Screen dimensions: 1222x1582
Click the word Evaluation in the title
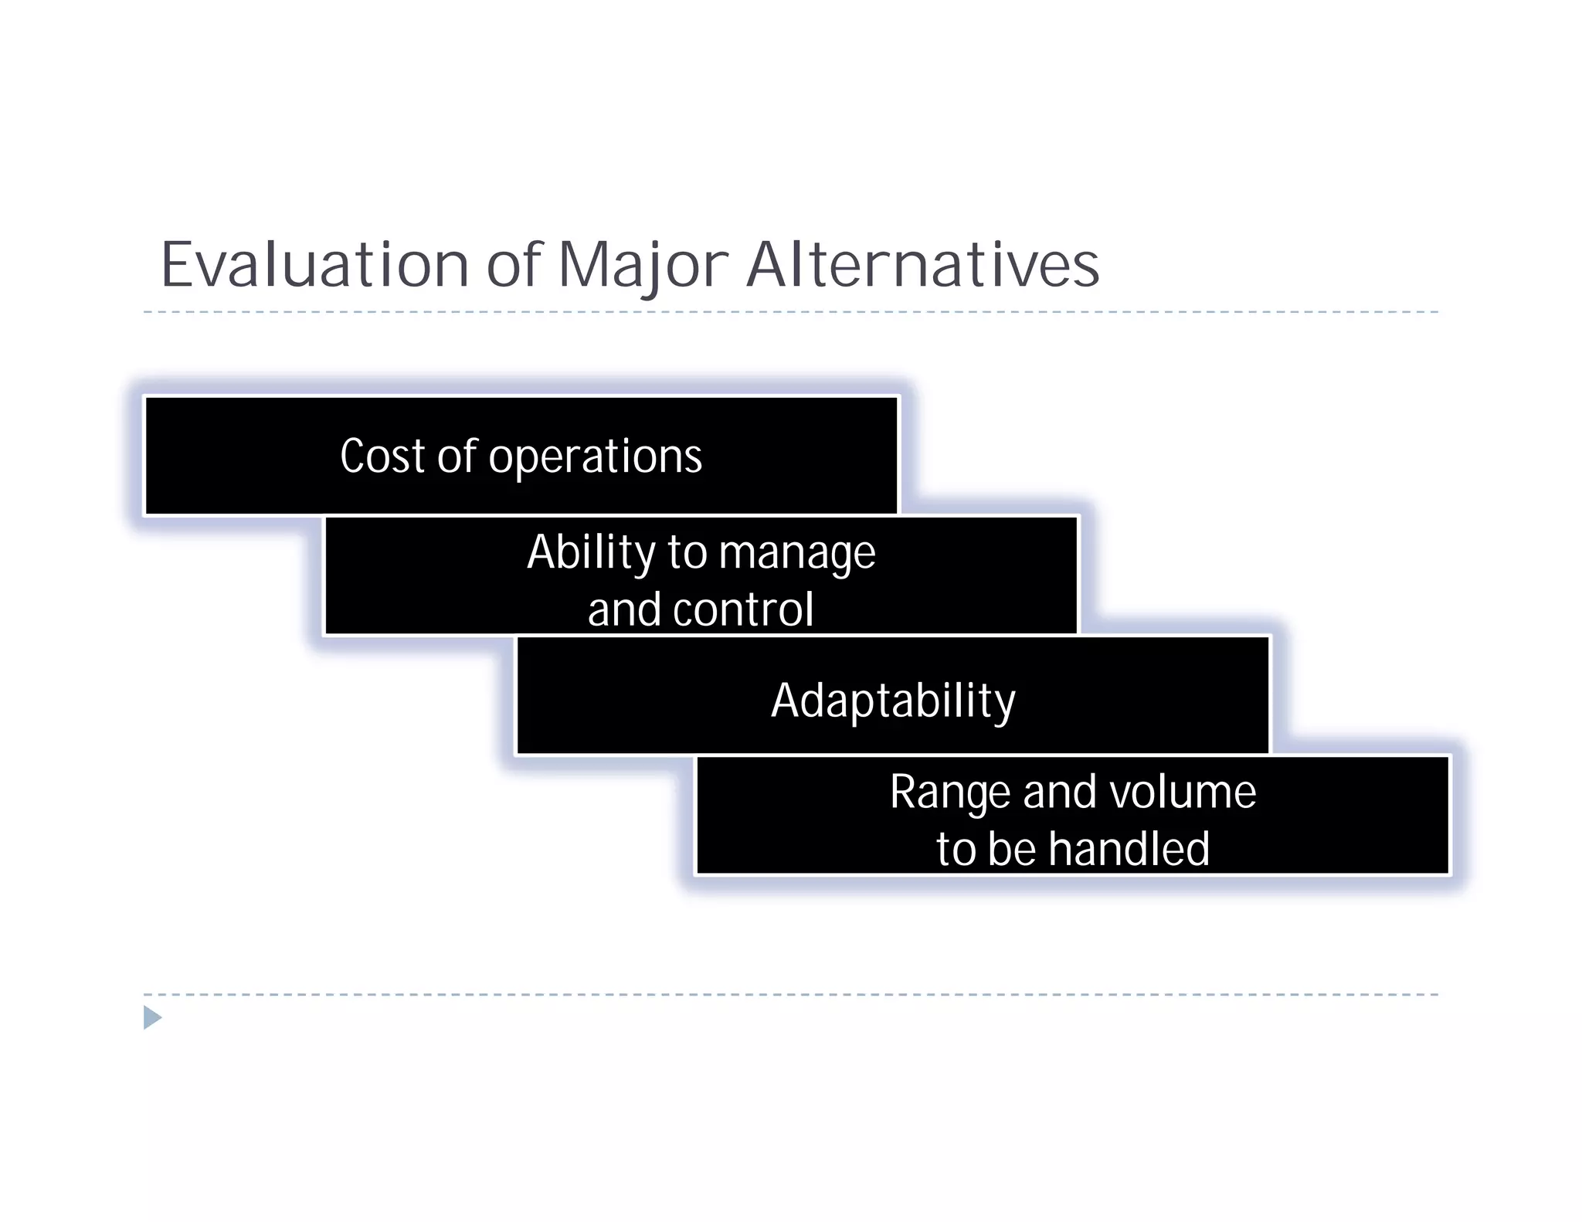click(x=314, y=265)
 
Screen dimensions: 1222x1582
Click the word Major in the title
click(x=643, y=265)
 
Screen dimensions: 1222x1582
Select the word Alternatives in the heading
click(x=922, y=265)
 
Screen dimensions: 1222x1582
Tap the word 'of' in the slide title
click(x=514, y=265)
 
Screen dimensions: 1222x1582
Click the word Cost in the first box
click(x=382, y=456)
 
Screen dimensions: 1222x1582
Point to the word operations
click(x=595, y=457)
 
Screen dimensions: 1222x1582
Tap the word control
click(x=743, y=609)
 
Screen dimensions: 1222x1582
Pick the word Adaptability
click(x=893, y=701)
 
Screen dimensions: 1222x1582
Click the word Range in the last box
click(x=949, y=793)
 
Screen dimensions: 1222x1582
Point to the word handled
click(x=1129, y=849)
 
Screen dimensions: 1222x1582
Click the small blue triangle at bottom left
click(x=152, y=1017)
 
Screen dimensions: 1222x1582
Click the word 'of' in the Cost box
click(x=457, y=456)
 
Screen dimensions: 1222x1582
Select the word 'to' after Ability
click(x=686, y=553)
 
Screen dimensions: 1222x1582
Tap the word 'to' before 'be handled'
click(x=956, y=849)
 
